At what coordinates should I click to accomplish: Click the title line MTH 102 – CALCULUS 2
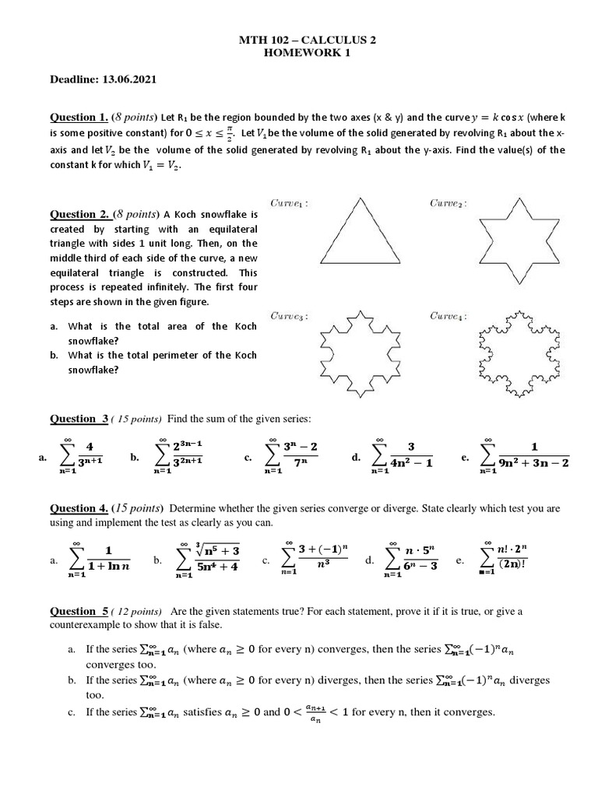pos(298,40)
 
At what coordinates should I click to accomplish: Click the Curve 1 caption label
pos(290,204)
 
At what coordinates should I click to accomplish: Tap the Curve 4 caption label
pos(448,316)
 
